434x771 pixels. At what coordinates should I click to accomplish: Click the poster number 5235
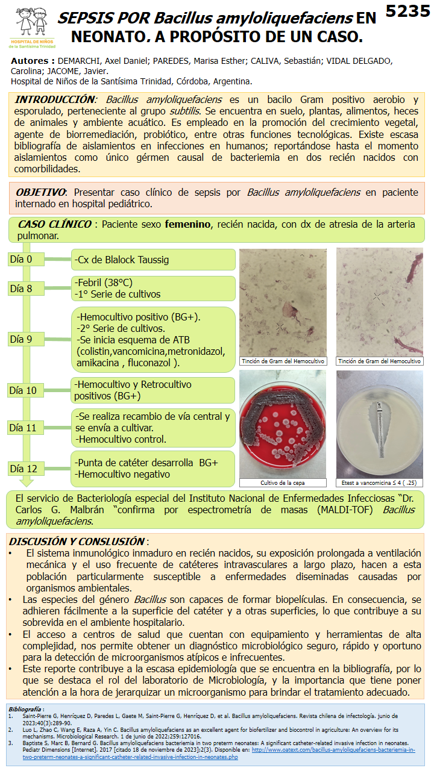click(408, 12)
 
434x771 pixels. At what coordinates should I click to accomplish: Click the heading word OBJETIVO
click(41, 192)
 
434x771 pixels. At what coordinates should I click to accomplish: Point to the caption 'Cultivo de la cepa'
click(283, 482)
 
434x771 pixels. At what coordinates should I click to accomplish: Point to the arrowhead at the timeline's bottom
click(27, 482)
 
